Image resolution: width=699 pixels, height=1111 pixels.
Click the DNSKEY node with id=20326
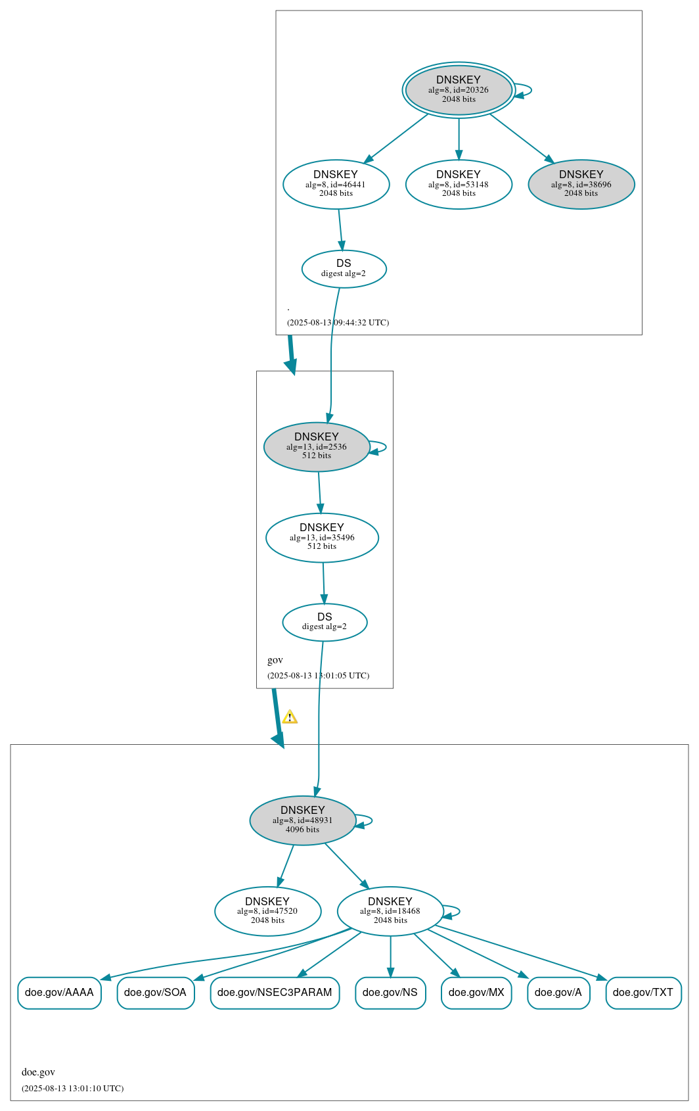click(x=459, y=90)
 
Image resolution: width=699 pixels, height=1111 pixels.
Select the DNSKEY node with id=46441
click(x=336, y=184)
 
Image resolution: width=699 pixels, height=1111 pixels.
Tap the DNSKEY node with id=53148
click(x=459, y=184)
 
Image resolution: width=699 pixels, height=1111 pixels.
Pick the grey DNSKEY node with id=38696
click(x=581, y=184)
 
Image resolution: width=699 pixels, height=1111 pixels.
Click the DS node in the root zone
click(x=344, y=268)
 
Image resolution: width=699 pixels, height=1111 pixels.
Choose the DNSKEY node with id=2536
click(x=317, y=446)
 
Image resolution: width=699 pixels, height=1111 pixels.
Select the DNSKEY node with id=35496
click(x=322, y=537)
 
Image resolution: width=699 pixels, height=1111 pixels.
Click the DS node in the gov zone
click(x=325, y=622)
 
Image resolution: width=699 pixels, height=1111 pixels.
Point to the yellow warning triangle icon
click(x=290, y=717)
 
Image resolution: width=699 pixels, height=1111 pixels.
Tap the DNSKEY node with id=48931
click(x=303, y=820)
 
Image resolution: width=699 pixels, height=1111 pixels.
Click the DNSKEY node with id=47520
click(x=267, y=911)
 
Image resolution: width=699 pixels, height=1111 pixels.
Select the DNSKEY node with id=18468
click(x=390, y=911)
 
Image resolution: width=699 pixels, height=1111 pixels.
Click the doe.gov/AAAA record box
click(x=59, y=993)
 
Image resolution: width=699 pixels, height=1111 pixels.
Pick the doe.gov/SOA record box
click(x=156, y=993)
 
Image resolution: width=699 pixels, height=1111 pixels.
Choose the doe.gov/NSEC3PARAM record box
click(x=275, y=993)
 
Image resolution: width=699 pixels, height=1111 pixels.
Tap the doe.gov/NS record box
click(x=390, y=993)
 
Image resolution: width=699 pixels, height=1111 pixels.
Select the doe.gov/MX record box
click(x=476, y=993)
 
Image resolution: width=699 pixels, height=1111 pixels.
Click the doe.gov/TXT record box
click(x=643, y=993)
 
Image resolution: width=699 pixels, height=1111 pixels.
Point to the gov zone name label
click(x=275, y=660)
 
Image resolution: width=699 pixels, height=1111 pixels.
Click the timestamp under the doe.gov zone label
click(x=72, y=1088)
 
